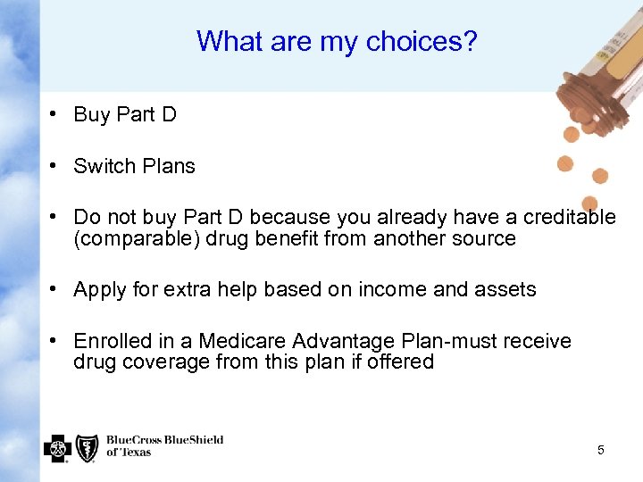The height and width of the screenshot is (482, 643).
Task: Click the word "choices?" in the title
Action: pos(423,41)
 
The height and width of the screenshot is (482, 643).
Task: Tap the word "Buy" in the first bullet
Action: pos(92,114)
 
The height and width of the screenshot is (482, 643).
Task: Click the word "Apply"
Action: pos(99,290)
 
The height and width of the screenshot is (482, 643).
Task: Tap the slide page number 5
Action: pos(600,450)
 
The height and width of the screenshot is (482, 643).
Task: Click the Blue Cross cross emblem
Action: pos(57,447)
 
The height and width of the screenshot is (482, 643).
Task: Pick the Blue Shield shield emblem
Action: pos(87,447)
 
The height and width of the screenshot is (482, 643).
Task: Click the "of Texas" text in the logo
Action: pos(129,453)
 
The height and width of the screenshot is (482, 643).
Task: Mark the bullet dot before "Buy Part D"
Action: pos(54,114)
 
